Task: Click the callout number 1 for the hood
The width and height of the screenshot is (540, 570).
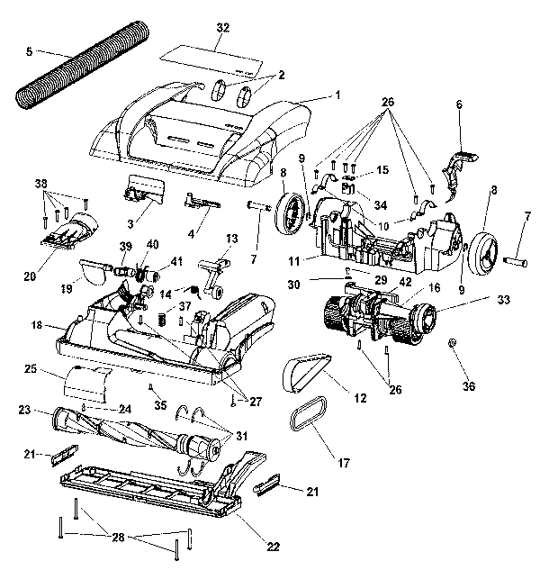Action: click(339, 94)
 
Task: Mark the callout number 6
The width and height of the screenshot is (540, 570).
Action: click(458, 104)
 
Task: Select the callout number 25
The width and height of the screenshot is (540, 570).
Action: click(30, 370)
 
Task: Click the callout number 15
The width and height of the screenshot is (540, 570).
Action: click(382, 170)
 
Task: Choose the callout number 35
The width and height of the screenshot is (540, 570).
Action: click(160, 404)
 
